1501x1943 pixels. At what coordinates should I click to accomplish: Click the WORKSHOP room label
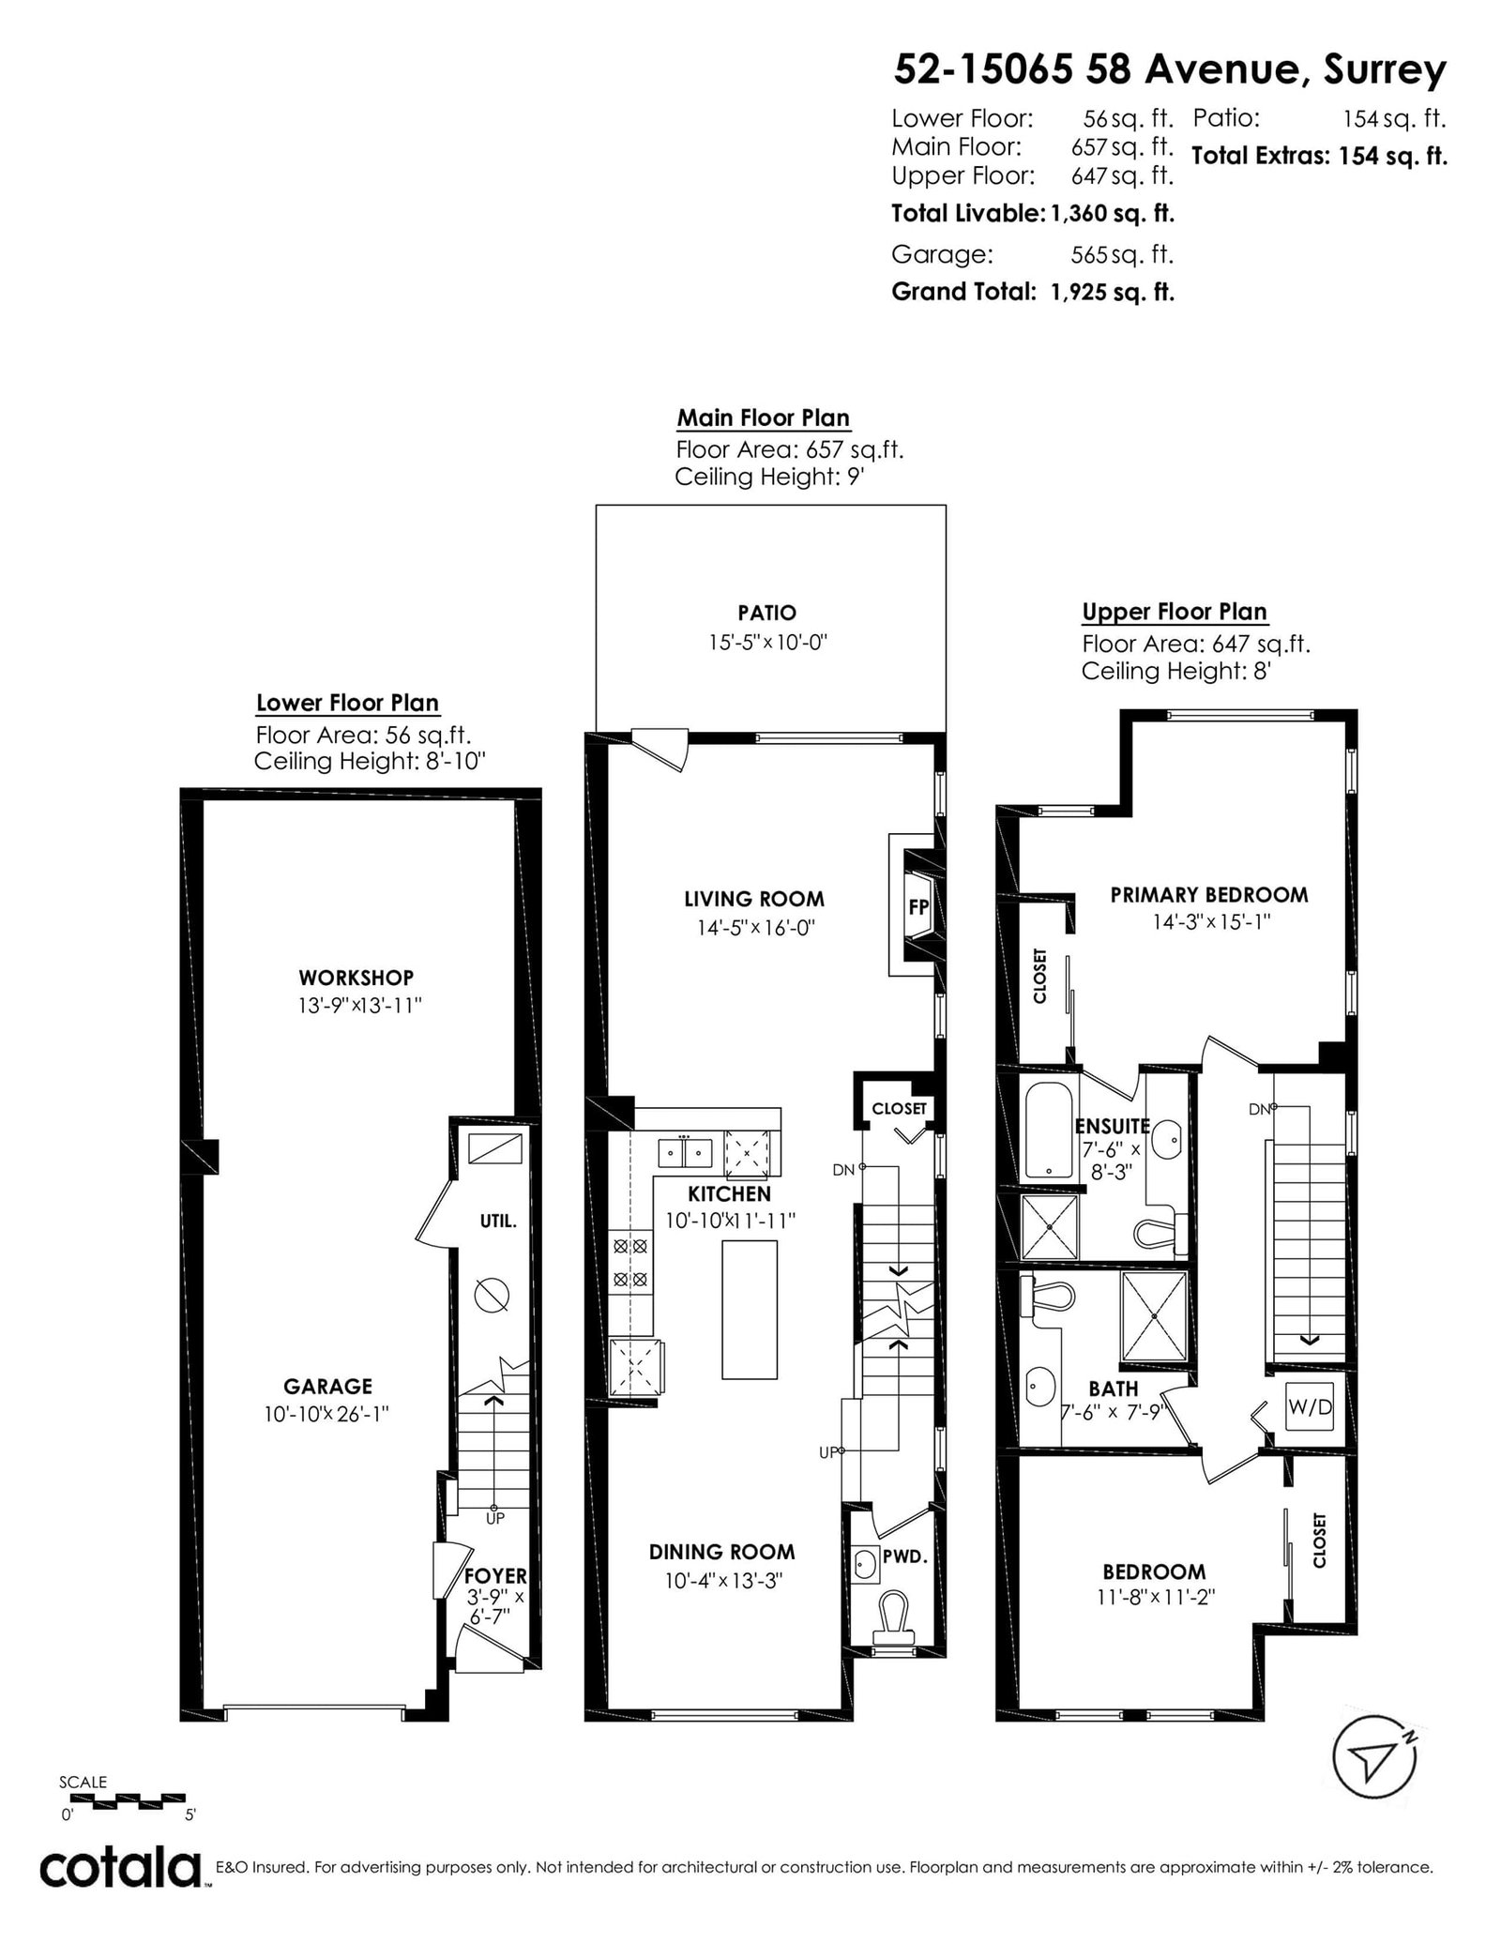point(356,978)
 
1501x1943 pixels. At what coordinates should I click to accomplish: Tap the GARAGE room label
point(328,1386)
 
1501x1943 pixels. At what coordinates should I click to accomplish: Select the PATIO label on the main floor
point(767,613)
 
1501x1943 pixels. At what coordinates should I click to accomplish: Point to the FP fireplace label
point(917,908)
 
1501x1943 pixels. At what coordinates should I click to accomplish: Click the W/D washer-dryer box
point(1309,1407)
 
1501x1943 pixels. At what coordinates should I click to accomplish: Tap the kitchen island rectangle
point(750,1310)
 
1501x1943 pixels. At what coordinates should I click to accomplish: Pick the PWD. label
point(904,1556)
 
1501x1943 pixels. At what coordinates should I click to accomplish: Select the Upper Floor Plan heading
point(1175,613)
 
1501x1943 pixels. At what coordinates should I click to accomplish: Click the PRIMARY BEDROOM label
point(1209,894)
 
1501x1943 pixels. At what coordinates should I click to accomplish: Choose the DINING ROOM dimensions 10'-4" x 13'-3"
point(724,1581)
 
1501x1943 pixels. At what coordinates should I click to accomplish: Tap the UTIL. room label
point(497,1222)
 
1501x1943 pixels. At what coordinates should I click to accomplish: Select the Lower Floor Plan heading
point(348,704)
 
